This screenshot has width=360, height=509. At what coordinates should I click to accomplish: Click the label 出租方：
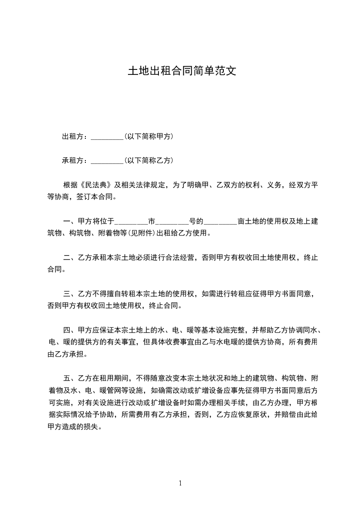pos(76,137)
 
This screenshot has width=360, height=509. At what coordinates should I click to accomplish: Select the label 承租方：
pos(76,161)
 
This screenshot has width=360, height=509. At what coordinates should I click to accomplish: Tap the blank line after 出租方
pos(107,137)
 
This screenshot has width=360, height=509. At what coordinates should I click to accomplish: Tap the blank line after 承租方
pos(107,162)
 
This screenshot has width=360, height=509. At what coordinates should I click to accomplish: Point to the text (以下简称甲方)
pos(148,137)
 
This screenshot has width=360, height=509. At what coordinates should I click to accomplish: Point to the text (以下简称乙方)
pos(148,161)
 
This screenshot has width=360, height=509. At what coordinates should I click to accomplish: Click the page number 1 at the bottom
pos(180,483)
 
